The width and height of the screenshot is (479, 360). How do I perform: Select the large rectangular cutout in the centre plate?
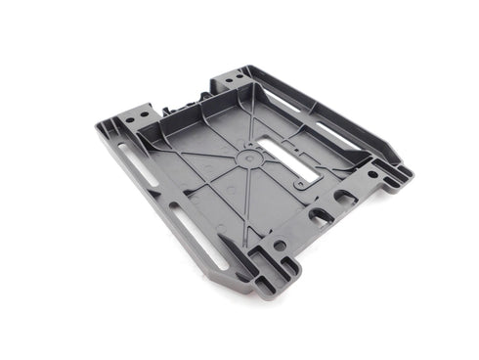click(288, 162)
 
